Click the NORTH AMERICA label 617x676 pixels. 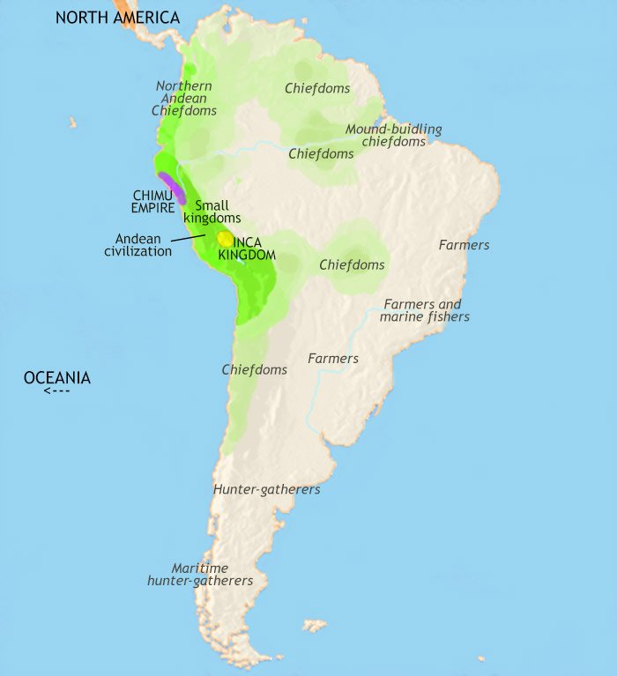tap(117, 18)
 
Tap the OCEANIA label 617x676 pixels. tap(56, 378)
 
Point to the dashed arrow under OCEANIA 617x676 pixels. tap(56, 391)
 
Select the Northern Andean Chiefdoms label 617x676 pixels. tap(183, 98)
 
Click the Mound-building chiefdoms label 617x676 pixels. tap(393, 135)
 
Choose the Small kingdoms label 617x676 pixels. tap(212, 212)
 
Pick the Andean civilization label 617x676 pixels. tap(138, 244)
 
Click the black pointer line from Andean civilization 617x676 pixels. tap(189, 237)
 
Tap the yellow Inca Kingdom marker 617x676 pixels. tap(225, 238)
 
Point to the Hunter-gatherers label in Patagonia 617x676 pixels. tap(266, 489)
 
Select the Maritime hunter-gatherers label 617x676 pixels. tap(200, 575)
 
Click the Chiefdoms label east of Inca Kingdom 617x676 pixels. tap(352, 264)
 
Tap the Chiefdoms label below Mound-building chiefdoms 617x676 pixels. tap(321, 153)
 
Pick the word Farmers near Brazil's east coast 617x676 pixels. tap(464, 245)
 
